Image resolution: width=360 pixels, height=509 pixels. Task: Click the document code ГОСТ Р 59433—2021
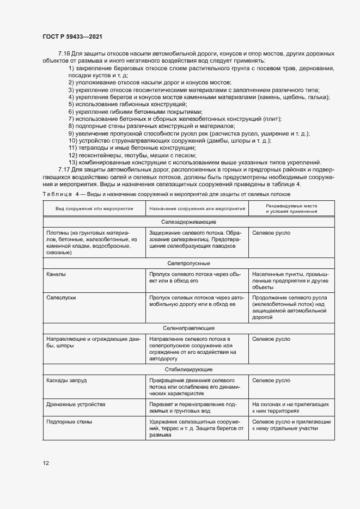(72, 36)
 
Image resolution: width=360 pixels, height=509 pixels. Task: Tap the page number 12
(46, 463)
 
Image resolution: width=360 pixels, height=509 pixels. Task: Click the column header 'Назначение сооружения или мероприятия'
(197, 209)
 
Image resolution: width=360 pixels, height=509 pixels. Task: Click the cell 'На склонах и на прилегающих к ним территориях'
(282, 409)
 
